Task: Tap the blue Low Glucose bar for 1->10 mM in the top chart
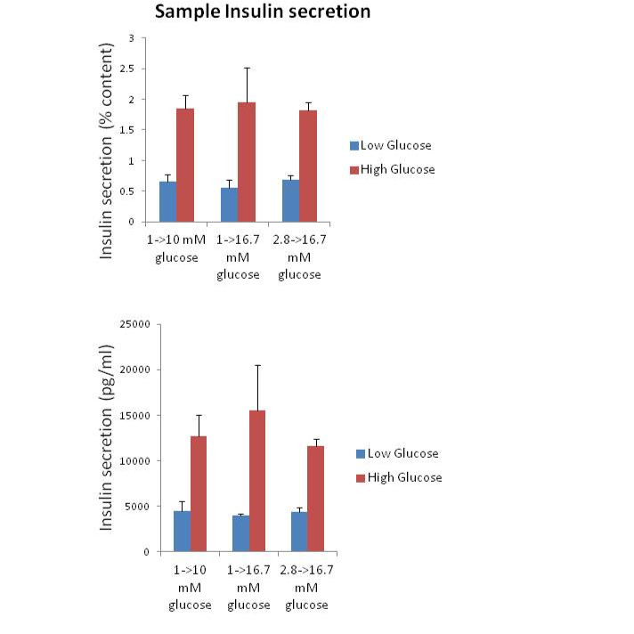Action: point(167,201)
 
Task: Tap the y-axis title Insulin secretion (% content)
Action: point(107,150)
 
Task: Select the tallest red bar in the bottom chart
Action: point(257,481)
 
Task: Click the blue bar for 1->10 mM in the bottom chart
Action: point(182,531)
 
